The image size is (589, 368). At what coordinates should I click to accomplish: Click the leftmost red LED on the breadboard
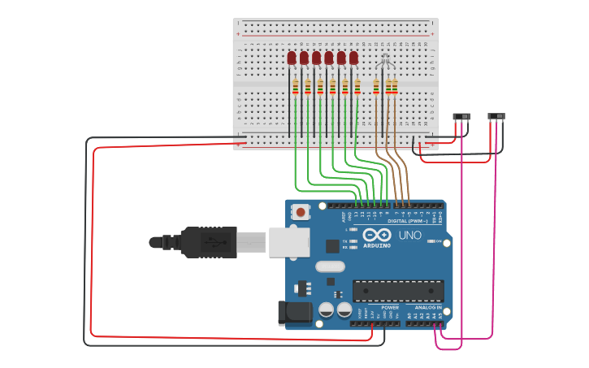tap(292, 58)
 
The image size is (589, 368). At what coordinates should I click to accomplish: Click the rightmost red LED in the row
tap(353, 58)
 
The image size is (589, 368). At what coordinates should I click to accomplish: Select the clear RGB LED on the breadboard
tap(385, 58)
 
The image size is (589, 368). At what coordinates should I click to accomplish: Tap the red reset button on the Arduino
tap(301, 213)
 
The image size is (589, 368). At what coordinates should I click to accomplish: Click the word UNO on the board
tap(410, 235)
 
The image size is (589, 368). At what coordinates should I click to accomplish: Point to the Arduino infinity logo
tap(378, 235)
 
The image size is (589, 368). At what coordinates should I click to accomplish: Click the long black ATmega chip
tap(398, 290)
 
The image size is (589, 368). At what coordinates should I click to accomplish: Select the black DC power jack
tap(294, 313)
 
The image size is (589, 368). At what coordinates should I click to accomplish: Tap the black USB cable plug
tap(207, 242)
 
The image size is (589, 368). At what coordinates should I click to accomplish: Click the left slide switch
tap(461, 117)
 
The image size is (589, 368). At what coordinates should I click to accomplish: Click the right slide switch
tap(496, 117)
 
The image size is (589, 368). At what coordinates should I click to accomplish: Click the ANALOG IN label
tap(428, 308)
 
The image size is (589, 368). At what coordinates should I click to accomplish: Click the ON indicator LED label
tap(439, 241)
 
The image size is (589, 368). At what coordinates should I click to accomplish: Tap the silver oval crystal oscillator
tap(330, 266)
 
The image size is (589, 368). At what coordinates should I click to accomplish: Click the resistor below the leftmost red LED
tap(295, 87)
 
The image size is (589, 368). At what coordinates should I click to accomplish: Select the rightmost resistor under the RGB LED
tap(395, 87)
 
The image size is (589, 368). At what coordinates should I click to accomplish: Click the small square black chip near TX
tap(332, 245)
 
